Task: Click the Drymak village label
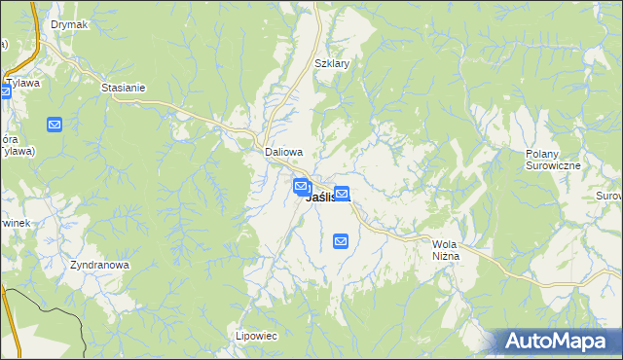pyautogui.click(x=69, y=24)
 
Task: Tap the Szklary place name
pyautogui.click(x=332, y=63)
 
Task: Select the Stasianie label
pyautogui.click(x=123, y=88)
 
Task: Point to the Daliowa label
pyautogui.click(x=284, y=153)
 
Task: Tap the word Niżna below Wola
pyautogui.click(x=445, y=257)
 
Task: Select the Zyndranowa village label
pyautogui.click(x=100, y=265)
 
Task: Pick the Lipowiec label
pyautogui.click(x=257, y=336)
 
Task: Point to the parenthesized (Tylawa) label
pyautogui.click(x=17, y=150)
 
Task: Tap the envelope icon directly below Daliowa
pyautogui.click(x=302, y=186)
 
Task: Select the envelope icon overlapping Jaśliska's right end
pyautogui.click(x=342, y=195)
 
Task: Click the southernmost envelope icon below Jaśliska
pyautogui.click(x=341, y=240)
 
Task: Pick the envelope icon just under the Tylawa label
pyautogui.click(x=4, y=92)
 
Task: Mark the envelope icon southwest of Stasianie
pyautogui.click(x=55, y=125)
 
